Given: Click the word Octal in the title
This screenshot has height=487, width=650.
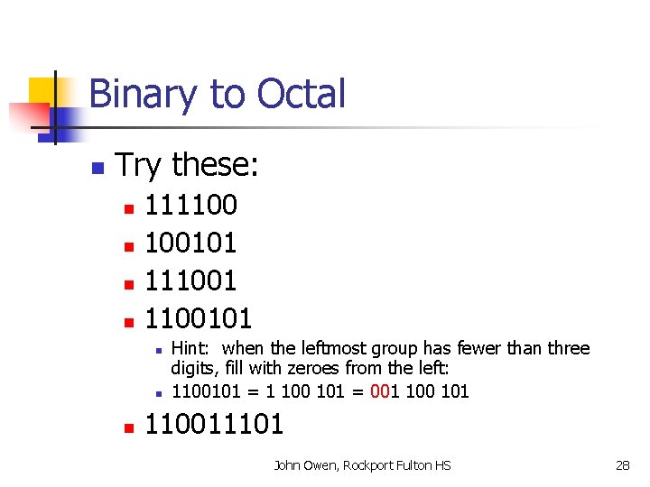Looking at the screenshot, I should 301,94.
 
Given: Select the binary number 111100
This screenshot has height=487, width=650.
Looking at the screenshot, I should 191,205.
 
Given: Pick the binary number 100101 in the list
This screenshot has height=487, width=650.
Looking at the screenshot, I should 191,243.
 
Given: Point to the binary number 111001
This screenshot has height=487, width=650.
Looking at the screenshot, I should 191,280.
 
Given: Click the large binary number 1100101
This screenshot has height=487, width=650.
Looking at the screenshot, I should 200,318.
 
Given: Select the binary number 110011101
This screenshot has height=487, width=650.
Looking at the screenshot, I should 215,424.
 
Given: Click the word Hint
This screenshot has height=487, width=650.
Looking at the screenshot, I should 190,348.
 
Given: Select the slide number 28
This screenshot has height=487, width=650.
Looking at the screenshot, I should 622,465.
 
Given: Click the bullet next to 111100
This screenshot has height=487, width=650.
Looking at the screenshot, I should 128,208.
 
